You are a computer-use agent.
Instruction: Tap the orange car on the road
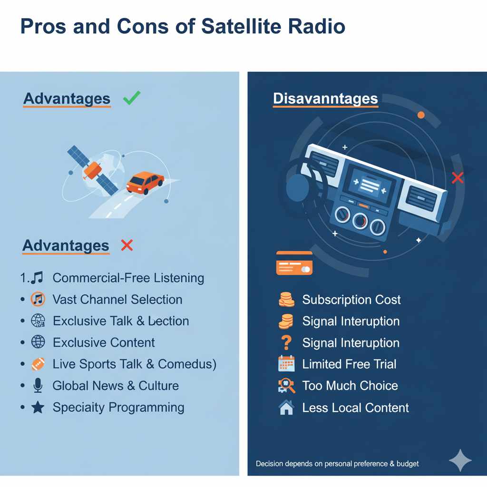145,183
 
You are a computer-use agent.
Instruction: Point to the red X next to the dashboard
458,178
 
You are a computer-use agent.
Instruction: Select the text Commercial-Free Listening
128,278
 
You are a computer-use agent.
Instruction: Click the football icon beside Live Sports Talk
38,364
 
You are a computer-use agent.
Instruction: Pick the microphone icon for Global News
38,386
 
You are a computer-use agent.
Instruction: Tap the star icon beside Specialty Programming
38,408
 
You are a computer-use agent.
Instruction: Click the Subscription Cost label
351,300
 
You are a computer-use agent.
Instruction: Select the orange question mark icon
286,343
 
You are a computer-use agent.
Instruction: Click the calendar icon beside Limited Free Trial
286,364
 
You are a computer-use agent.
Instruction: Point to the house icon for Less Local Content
286,408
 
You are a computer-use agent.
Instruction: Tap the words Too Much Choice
350,386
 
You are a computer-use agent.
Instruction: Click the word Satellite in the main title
241,27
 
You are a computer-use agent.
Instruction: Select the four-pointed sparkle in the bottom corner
460,460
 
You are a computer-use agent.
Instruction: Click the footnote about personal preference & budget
337,463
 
